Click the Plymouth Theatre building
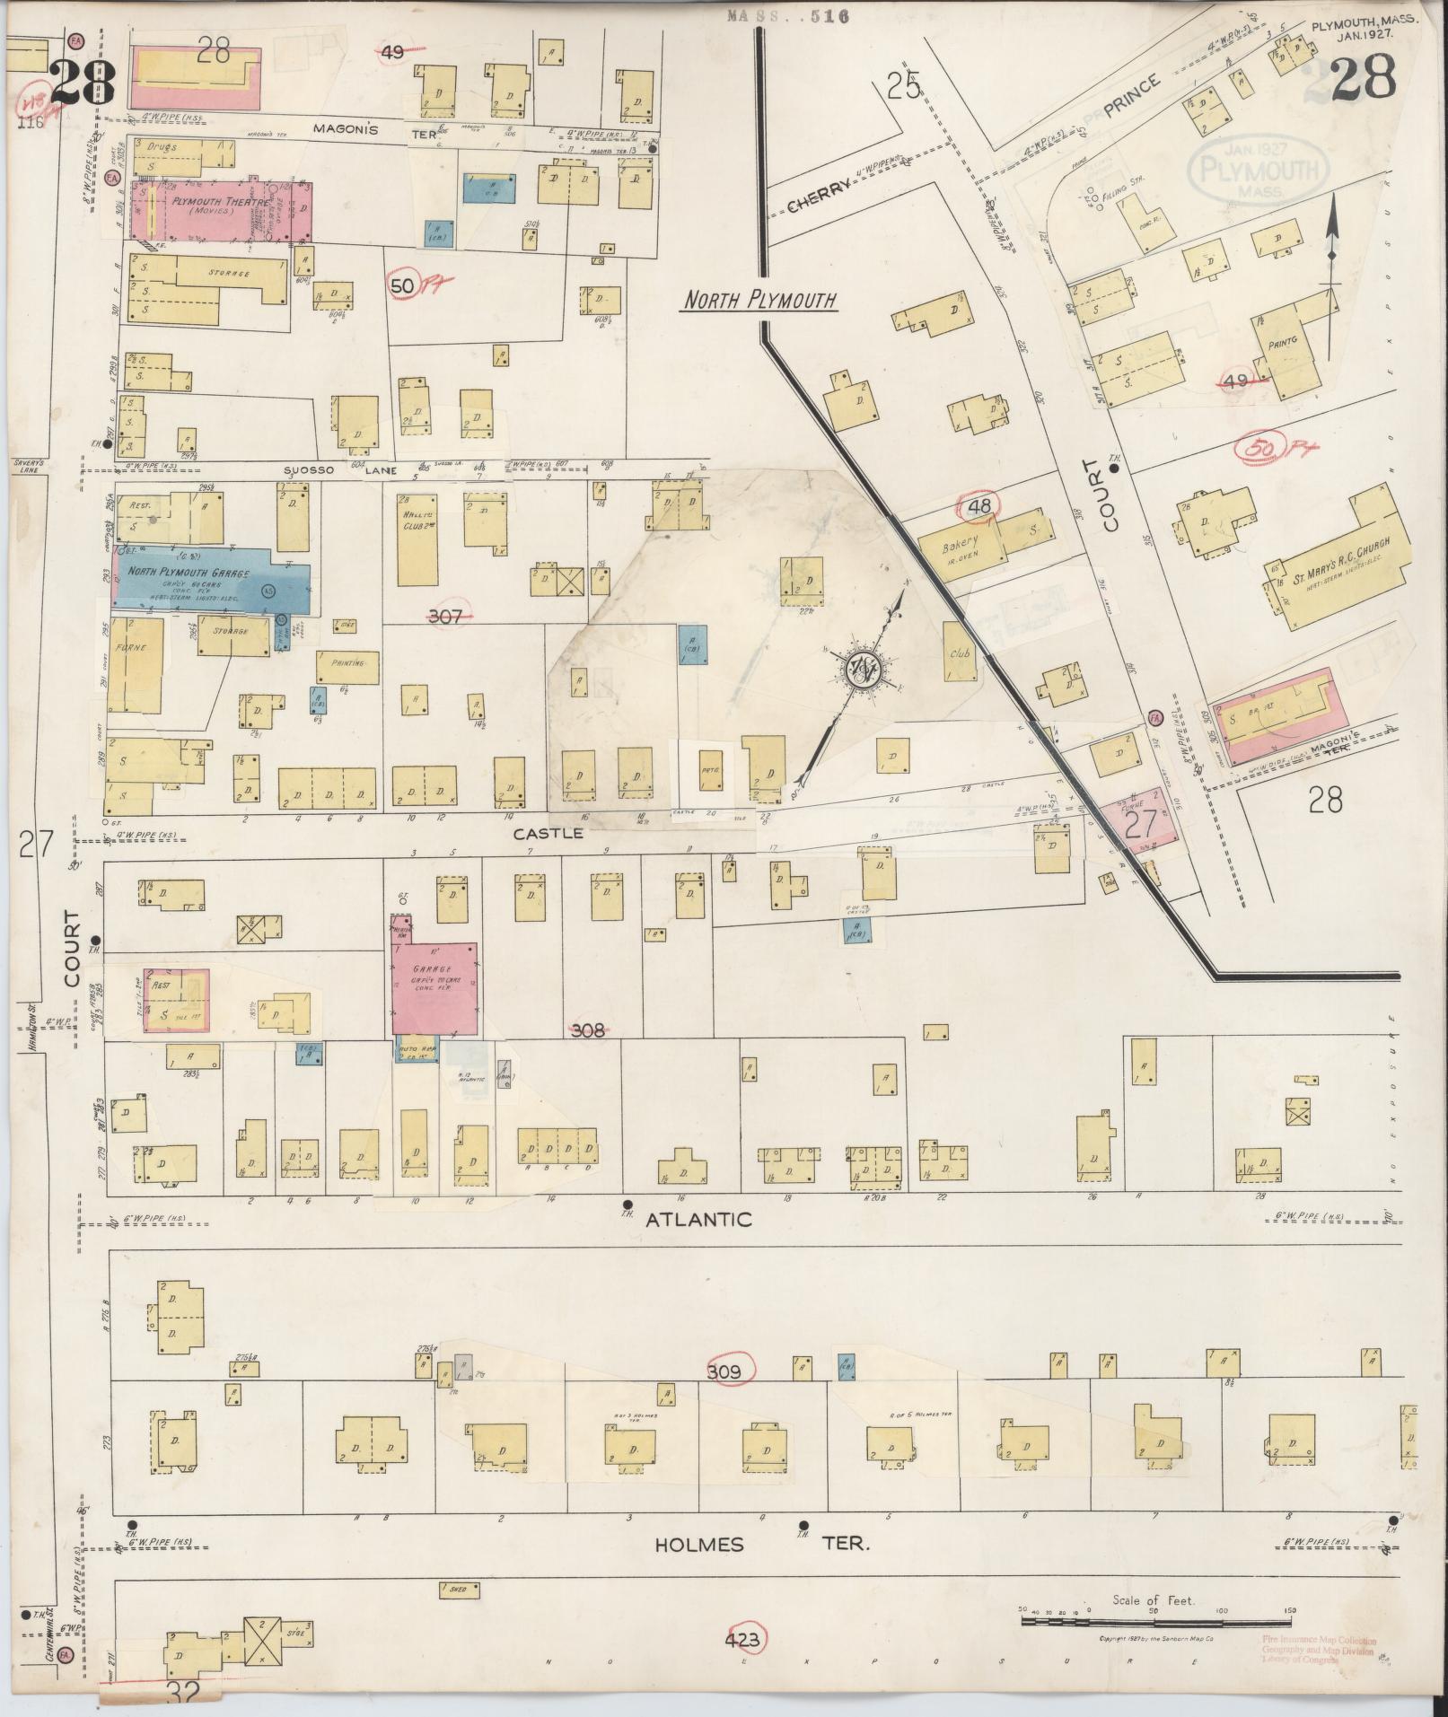tap(221, 210)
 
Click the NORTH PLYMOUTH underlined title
tap(759, 301)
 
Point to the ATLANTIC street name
tap(698, 1219)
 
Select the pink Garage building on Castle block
tap(434, 986)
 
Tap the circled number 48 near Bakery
tap(980, 507)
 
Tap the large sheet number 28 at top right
tap(1363, 78)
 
